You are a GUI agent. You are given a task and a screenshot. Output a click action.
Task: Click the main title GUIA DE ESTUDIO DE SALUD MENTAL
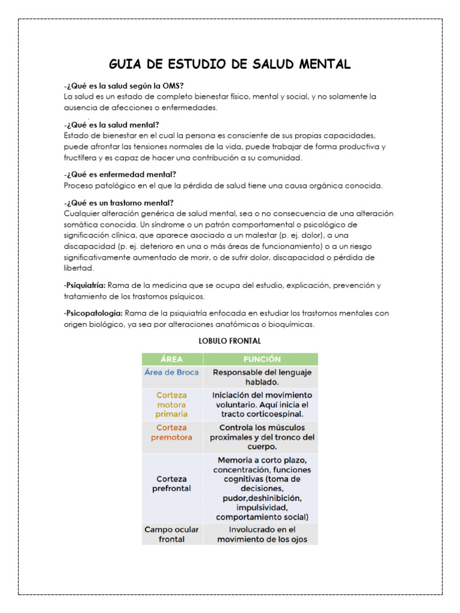point(229,64)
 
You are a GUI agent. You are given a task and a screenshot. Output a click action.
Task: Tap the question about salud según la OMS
point(123,86)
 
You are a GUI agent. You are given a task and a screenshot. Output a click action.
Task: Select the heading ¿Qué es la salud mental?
point(111,125)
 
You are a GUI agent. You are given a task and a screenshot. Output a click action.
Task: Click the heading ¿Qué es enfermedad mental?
point(120,174)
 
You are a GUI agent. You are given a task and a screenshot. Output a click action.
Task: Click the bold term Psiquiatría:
point(84,286)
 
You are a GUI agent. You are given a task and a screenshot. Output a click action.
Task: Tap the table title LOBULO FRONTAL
point(230,341)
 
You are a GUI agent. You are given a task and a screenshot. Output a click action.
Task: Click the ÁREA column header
point(172,359)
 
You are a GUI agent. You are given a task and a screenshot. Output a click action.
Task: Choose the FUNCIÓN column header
point(261,359)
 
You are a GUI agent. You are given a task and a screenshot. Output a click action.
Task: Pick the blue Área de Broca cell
point(172,372)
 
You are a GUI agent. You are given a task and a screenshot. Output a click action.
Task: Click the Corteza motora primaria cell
point(172,405)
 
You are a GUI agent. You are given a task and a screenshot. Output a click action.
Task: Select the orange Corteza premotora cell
point(172,432)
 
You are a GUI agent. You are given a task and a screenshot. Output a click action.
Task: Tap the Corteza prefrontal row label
point(172,484)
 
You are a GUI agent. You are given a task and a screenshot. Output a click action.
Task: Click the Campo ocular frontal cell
point(172,534)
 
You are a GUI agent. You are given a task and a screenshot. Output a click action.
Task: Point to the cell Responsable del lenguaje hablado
point(261,377)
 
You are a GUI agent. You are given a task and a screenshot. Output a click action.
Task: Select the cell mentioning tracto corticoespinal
point(261,405)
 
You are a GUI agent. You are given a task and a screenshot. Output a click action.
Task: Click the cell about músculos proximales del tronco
point(261,437)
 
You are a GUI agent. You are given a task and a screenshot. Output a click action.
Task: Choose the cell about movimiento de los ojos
point(261,534)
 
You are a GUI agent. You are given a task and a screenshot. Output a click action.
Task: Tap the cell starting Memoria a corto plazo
point(261,488)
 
